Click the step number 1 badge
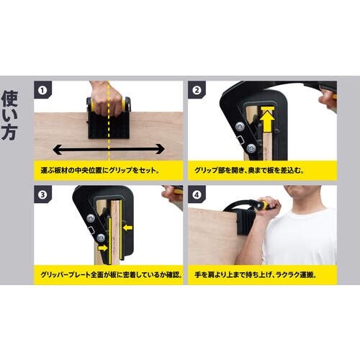click(43, 91)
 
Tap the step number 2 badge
click(196, 91)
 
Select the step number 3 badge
click(43, 194)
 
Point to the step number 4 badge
click(196, 194)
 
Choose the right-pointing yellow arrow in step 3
click(104, 247)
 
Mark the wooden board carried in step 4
click(216, 238)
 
